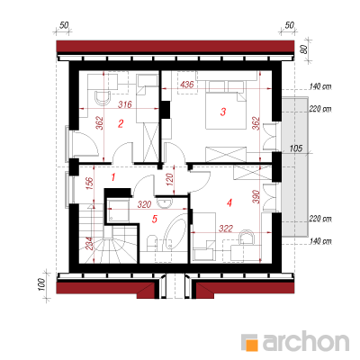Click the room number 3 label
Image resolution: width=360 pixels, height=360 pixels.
pyautogui.click(x=222, y=112)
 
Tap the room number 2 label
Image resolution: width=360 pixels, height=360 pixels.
pyautogui.click(x=121, y=123)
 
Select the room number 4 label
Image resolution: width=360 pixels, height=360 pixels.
pyautogui.click(x=229, y=203)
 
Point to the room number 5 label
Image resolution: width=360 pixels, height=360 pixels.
pyautogui.click(x=155, y=219)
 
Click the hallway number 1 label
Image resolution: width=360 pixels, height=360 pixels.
pyautogui.click(x=113, y=177)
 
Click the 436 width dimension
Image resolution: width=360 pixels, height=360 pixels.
pyautogui.click(x=187, y=85)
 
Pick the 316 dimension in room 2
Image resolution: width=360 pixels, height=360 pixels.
pyautogui.click(x=125, y=104)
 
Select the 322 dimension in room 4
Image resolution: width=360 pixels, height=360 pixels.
pyautogui.click(x=226, y=229)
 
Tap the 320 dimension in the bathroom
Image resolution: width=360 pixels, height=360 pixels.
pyautogui.click(x=144, y=205)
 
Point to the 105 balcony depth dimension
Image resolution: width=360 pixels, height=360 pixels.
pyautogui.click(x=296, y=148)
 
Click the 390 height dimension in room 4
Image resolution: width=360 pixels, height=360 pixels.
pyautogui.click(x=256, y=197)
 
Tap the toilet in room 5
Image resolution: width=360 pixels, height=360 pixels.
pyautogui.click(x=151, y=243)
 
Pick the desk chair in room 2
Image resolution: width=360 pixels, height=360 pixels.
pyautogui.click(x=103, y=98)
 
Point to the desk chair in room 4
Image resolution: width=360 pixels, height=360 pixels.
pyautogui.click(x=247, y=238)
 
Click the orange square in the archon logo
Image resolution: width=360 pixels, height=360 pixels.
pyautogui.click(x=252, y=345)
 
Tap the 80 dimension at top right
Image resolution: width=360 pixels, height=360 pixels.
pyautogui.click(x=305, y=49)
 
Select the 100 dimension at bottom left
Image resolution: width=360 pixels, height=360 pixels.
pyautogui.click(x=41, y=285)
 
